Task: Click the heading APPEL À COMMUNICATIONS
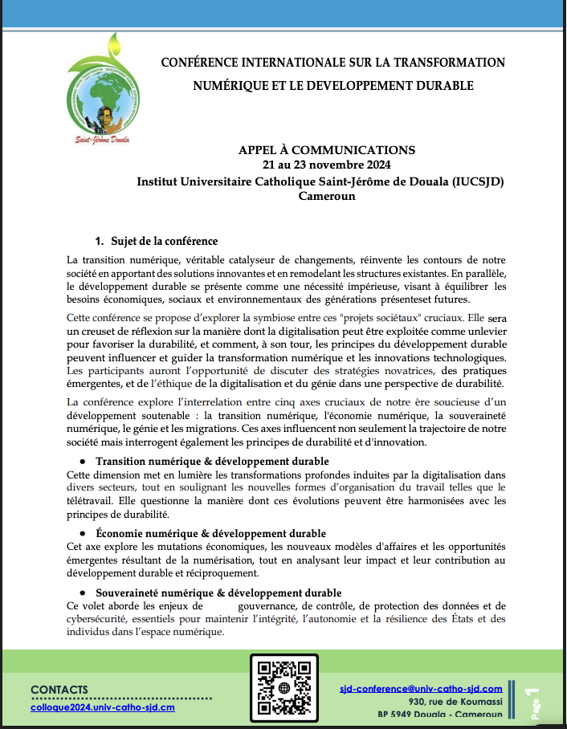pos(327,150)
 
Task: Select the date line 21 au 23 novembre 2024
pos(327,165)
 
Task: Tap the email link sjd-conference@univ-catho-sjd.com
pos(422,689)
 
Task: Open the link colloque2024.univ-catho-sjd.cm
pos(103,707)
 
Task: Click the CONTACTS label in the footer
pos(60,690)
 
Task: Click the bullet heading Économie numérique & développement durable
pos(211,533)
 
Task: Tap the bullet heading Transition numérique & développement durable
pos(212,462)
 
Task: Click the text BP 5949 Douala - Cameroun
pos(440,715)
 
